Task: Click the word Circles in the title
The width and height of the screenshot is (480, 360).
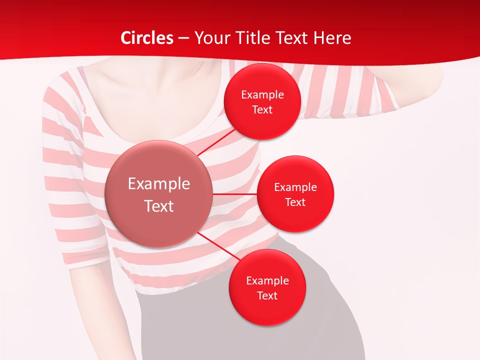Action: coord(147,38)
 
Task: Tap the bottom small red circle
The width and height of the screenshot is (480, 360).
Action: coord(267,310)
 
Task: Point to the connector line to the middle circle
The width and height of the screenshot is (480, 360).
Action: coord(235,193)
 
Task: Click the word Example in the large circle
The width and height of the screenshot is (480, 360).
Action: coord(159,184)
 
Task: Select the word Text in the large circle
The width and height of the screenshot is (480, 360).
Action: coord(159,206)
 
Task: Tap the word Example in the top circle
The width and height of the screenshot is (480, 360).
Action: coord(262,95)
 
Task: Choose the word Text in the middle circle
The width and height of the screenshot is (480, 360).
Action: coord(295,202)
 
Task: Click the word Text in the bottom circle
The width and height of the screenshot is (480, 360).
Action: coord(267,296)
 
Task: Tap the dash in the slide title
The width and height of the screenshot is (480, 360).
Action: coord(183,38)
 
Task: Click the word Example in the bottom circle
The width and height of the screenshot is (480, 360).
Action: coord(267,281)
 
